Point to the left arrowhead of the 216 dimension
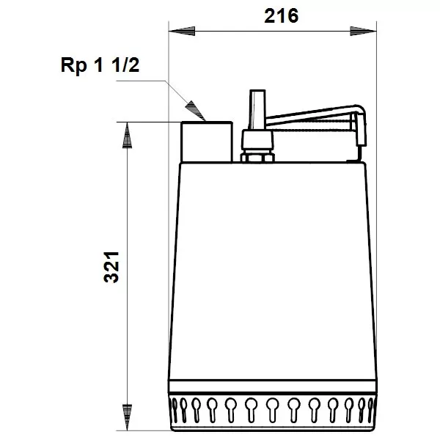pyautogui.click(x=176, y=31)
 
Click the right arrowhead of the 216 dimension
pyautogui.click(x=369, y=31)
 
